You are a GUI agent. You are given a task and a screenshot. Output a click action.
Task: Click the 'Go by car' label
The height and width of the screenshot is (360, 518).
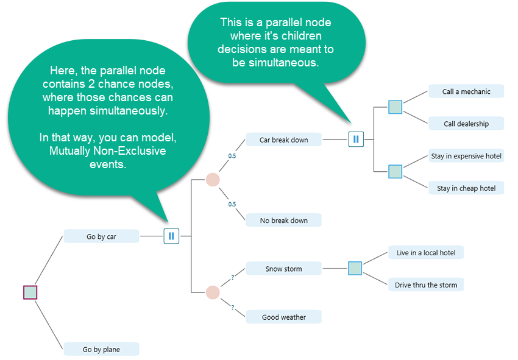click(x=101, y=236)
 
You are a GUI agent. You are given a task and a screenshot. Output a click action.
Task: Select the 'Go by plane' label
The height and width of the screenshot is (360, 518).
click(x=101, y=349)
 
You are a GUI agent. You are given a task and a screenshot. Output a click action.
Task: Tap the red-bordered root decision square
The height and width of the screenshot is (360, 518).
click(x=30, y=292)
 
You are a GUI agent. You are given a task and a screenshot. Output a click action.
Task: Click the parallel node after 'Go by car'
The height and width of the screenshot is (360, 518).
click(x=171, y=236)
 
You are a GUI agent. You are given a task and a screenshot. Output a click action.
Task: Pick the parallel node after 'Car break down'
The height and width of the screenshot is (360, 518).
click(x=355, y=139)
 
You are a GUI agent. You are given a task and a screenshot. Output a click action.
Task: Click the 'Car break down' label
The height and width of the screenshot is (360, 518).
click(x=283, y=139)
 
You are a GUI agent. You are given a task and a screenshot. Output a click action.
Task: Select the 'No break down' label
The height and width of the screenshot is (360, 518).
click(x=283, y=220)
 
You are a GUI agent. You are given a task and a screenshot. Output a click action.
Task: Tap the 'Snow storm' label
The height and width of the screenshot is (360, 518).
click(x=283, y=269)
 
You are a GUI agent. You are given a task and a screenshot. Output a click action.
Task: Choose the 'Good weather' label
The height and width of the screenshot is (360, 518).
click(x=283, y=317)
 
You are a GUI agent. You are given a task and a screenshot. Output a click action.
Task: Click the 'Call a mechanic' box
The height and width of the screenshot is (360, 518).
click(x=466, y=91)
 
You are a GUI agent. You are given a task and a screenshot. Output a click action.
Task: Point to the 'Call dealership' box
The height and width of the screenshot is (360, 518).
click(x=466, y=124)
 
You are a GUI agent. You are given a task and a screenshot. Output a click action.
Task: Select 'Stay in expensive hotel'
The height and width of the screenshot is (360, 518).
click(x=466, y=156)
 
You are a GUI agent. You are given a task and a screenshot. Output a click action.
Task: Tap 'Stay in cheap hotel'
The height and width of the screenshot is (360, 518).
click(x=466, y=188)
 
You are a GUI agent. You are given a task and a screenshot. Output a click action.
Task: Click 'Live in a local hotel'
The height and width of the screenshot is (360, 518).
click(x=425, y=252)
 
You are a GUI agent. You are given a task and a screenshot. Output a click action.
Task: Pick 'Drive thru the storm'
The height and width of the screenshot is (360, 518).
click(x=425, y=284)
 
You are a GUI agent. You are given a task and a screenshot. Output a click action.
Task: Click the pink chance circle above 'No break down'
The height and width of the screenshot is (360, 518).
click(x=212, y=180)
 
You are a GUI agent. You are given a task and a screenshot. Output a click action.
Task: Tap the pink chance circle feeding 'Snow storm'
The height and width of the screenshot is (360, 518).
click(x=212, y=292)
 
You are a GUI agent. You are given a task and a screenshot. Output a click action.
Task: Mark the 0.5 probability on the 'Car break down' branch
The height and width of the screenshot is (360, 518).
click(x=232, y=156)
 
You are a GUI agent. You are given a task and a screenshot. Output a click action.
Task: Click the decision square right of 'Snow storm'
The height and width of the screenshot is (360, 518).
click(x=355, y=268)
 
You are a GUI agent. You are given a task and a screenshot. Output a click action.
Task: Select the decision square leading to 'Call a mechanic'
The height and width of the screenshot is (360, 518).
click(x=396, y=107)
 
